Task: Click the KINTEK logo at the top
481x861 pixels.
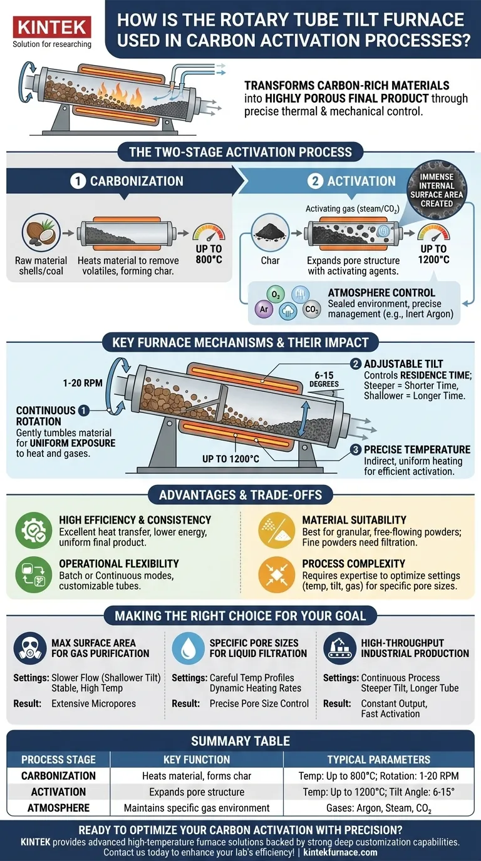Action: click(x=52, y=27)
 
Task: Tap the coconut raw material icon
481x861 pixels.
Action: click(x=41, y=232)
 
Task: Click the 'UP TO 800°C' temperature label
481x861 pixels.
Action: click(x=209, y=254)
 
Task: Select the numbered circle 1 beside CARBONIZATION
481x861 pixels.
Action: click(x=78, y=181)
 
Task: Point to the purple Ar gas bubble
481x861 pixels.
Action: click(x=264, y=309)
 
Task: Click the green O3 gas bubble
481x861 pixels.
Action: click(x=276, y=295)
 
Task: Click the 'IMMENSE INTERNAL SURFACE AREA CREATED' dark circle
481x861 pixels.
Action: click(x=437, y=190)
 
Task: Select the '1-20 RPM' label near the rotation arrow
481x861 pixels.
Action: click(x=83, y=383)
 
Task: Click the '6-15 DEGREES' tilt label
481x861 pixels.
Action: click(x=324, y=379)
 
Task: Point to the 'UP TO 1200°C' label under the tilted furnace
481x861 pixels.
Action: click(x=231, y=459)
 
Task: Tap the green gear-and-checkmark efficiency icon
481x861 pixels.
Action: click(x=34, y=531)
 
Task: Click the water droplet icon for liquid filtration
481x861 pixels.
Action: click(x=188, y=648)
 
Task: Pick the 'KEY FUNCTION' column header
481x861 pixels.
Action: click(x=197, y=760)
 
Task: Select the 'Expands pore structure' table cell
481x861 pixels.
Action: click(x=197, y=792)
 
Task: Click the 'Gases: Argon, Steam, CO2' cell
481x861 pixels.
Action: click(x=379, y=808)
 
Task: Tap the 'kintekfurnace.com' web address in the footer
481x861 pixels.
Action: click(x=340, y=852)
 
